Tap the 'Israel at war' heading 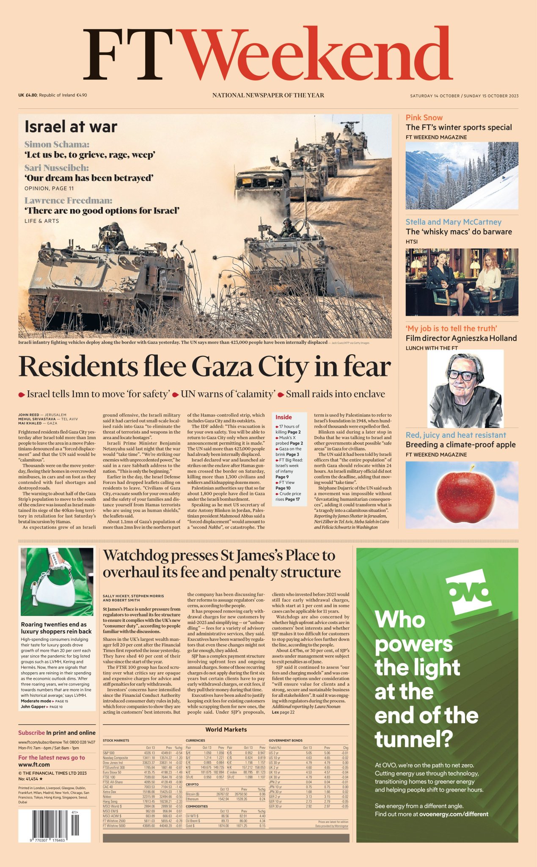pos(71,127)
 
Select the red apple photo pos(465,493)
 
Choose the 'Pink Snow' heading pos(424,118)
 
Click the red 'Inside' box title pos(284,417)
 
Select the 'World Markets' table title pos(226,729)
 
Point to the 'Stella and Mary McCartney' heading pos(453,222)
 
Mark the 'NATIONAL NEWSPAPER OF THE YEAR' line pos(268,95)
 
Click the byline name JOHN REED pos(28,415)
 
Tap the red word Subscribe pos(31,733)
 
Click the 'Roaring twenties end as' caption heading pos(54,624)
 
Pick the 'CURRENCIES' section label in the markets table pos(195,740)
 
